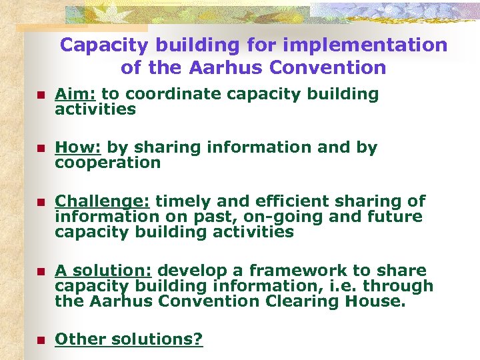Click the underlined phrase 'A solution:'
[103, 271]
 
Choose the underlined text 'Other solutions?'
[129, 339]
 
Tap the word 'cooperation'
[107, 163]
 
